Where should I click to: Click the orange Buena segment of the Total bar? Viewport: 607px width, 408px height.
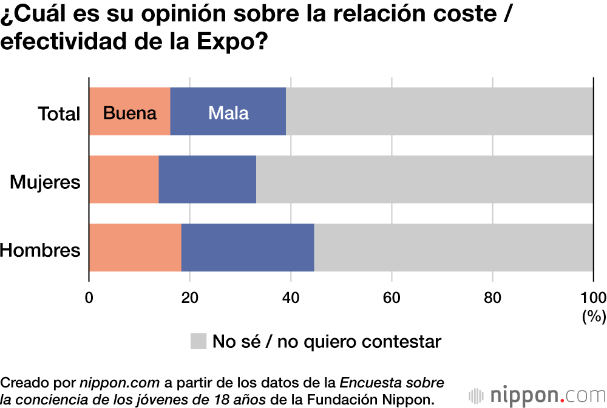[129, 112]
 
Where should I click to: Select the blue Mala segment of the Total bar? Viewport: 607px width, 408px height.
[228, 112]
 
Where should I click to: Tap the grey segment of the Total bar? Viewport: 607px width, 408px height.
[439, 112]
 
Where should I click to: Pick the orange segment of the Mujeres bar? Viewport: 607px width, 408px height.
[124, 180]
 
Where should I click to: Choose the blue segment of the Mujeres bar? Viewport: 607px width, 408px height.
[207, 180]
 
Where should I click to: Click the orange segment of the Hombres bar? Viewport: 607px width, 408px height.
[135, 248]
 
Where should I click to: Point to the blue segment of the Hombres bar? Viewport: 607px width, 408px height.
[248, 248]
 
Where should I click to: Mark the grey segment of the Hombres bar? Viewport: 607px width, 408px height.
[453, 248]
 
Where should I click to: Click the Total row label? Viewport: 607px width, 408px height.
[59, 114]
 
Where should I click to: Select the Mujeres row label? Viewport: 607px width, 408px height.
[45, 182]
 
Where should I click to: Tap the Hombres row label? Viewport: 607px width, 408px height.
[40, 250]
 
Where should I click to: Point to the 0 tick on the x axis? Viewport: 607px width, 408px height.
[89, 297]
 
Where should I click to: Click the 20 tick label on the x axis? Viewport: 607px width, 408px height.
[190, 297]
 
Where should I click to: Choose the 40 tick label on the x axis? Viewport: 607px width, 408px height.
[291, 297]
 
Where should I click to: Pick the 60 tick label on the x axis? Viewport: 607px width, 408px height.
[392, 297]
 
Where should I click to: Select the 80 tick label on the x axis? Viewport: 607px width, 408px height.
[492, 297]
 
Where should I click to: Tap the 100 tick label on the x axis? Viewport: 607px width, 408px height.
[593, 297]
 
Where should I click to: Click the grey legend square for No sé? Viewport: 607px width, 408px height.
[198, 341]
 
